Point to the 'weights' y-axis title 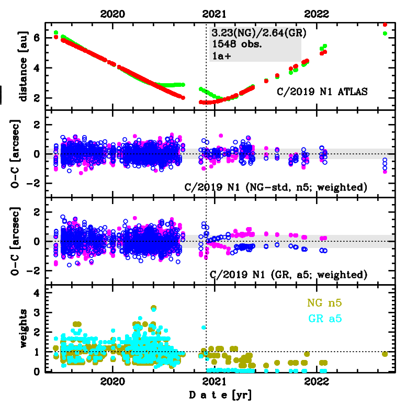[x=23, y=328]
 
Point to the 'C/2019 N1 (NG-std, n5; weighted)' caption [x=275, y=187]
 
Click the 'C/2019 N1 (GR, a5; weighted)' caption [x=287, y=274]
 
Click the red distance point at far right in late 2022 [x=385, y=24]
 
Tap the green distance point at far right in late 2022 [x=385, y=33]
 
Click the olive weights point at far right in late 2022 [x=385, y=354]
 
